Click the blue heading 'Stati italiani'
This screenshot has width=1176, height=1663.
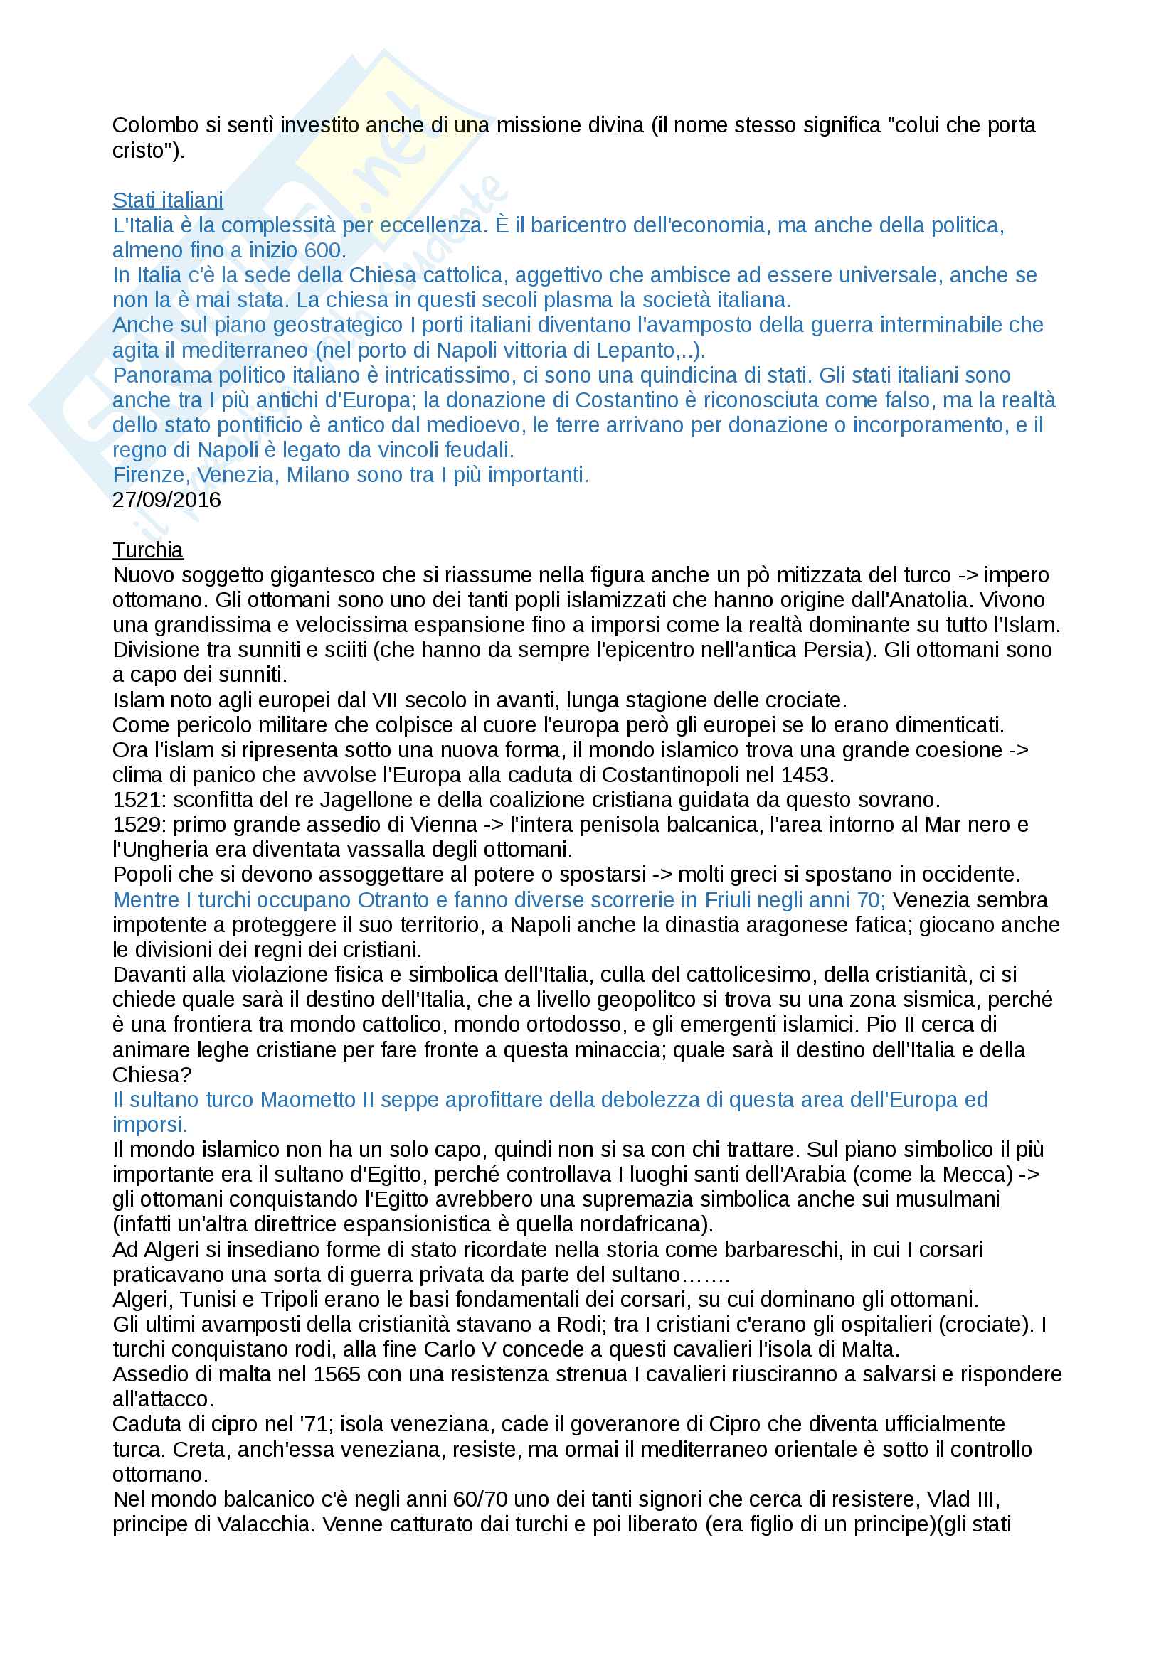tap(167, 200)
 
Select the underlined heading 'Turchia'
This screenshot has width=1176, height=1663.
tap(148, 550)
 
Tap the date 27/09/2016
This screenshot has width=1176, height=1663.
tap(166, 500)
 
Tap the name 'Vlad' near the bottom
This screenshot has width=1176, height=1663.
tap(948, 1499)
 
